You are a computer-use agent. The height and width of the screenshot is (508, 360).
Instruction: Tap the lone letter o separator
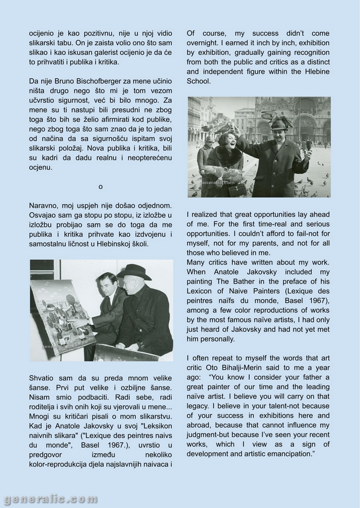point(101,186)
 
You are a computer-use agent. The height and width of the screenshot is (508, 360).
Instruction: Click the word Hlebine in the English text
point(316,72)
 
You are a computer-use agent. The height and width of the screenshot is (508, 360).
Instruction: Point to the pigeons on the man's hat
point(277,119)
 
